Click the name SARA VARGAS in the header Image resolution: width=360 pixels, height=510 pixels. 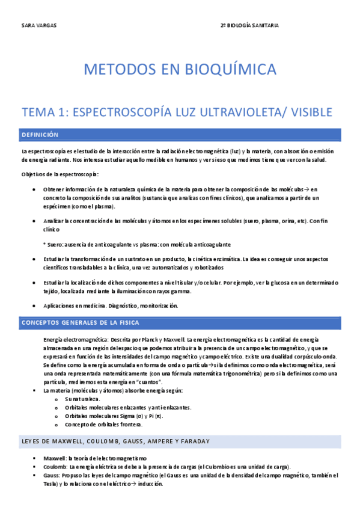click(35, 26)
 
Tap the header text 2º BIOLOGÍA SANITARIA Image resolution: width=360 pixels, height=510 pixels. click(249, 26)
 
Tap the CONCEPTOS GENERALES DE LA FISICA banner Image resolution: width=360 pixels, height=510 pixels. click(180, 323)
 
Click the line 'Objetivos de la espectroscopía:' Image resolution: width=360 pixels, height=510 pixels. click(60, 174)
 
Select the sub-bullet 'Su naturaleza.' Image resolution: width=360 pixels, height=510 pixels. click(83, 399)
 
